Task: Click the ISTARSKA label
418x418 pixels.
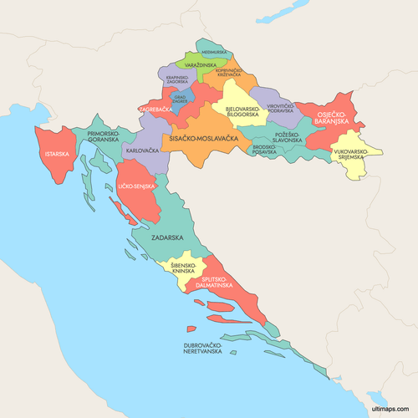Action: point(58,154)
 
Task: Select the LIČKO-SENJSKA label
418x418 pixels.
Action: point(136,186)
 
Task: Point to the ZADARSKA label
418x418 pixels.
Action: point(167,237)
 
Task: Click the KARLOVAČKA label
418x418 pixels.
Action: point(140,151)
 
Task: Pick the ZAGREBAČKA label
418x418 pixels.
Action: point(155,109)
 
